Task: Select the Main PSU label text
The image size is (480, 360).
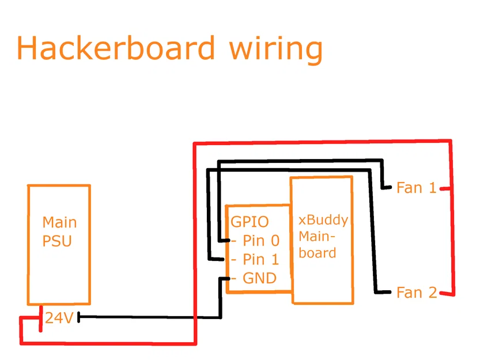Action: point(59,231)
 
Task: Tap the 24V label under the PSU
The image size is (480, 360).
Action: point(59,317)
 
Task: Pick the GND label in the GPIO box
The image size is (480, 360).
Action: point(259,279)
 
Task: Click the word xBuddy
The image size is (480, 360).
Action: point(323,221)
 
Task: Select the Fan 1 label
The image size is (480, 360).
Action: point(416,188)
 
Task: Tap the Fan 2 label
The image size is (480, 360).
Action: point(417,293)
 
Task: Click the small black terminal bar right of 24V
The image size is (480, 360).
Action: point(78,317)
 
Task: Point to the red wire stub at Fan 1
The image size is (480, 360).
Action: point(444,188)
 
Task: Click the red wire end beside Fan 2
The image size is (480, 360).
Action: point(447,294)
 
